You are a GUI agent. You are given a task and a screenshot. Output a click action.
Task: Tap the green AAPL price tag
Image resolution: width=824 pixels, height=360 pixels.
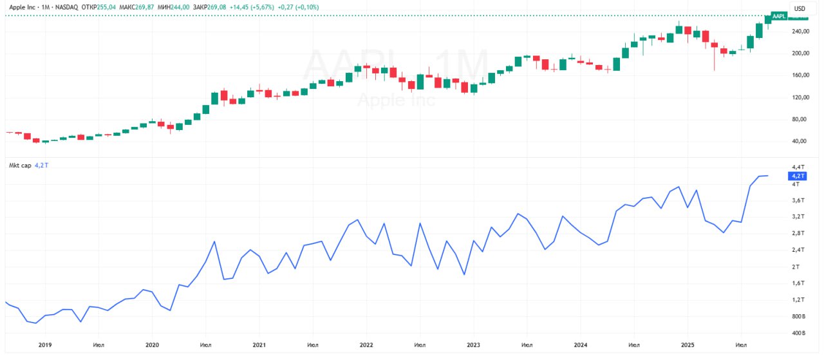779,16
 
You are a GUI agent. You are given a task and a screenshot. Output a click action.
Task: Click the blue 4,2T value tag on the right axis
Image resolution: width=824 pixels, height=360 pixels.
798,175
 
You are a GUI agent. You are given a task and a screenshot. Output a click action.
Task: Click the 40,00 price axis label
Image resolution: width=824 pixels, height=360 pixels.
800,142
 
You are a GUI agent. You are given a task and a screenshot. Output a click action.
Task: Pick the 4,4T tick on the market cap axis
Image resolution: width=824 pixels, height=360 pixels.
797,167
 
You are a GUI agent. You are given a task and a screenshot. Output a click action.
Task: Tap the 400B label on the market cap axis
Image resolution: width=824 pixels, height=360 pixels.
798,334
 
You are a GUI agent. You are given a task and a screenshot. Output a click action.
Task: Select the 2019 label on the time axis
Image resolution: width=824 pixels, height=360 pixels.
45,345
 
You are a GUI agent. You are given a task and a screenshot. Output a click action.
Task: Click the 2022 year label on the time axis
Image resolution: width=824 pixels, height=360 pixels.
366,345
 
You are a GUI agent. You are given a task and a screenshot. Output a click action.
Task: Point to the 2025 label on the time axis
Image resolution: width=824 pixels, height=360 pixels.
687,345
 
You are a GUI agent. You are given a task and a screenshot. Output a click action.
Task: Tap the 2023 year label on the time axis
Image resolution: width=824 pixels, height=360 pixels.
473,345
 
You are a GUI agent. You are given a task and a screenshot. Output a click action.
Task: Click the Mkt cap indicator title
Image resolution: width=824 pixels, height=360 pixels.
19,165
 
